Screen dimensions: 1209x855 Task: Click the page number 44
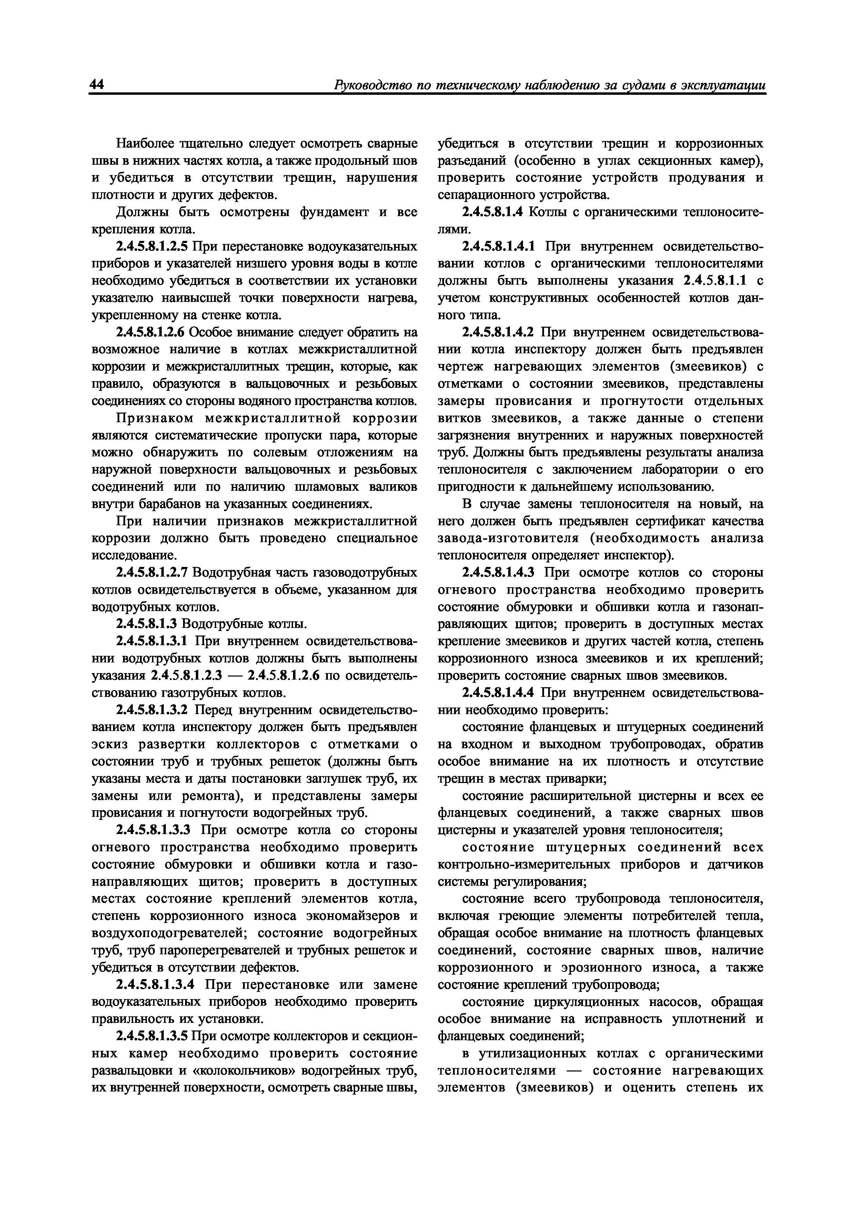[98, 84]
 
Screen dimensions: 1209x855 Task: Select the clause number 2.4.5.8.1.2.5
[153, 246]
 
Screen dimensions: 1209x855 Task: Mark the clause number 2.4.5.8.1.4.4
[499, 693]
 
